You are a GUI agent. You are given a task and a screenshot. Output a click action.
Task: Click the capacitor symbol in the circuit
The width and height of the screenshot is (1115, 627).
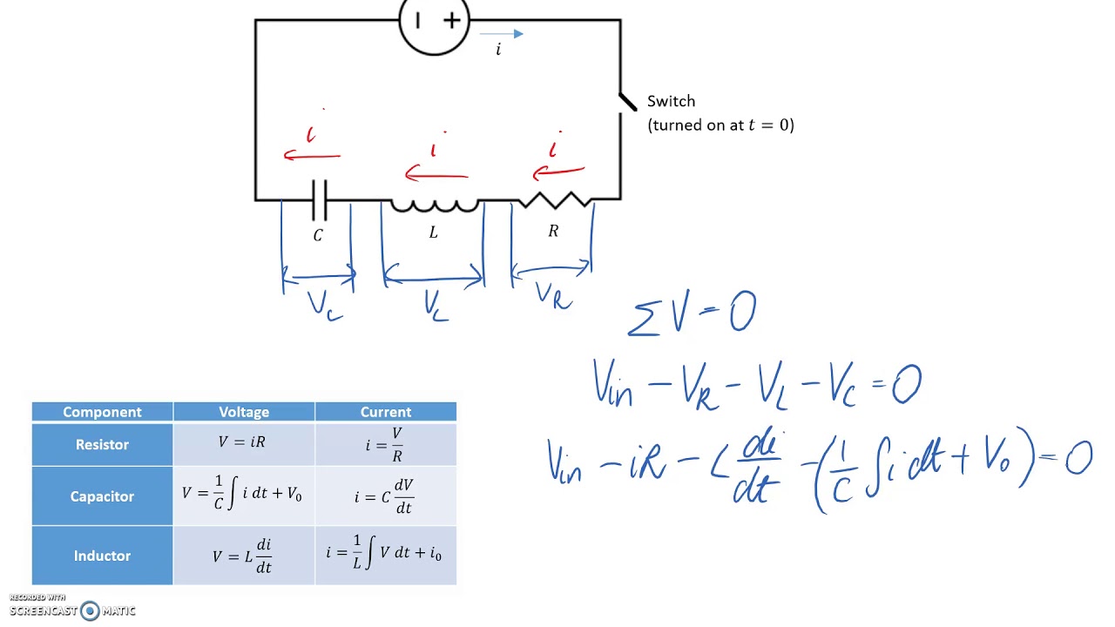[x=320, y=200]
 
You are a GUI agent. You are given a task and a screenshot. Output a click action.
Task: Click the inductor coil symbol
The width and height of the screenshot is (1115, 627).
[x=434, y=205]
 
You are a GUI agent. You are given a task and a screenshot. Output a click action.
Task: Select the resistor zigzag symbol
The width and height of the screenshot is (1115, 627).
[x=555, y=199]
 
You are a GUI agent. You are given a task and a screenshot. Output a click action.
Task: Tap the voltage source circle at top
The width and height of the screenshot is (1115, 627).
[x=434, y=23]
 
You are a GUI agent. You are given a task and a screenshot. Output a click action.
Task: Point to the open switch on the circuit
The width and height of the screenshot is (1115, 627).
[x=628, y=102]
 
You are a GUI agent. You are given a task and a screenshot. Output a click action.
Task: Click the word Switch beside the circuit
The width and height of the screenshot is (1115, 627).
[x=671, y=101]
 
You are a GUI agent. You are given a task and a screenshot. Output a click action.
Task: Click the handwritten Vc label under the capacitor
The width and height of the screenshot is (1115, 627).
[x=324, y=306]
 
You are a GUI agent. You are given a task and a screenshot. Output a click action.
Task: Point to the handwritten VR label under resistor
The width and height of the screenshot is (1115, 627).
[x=553, y=295]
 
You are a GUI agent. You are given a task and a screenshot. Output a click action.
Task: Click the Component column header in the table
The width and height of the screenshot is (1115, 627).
[x=102, y=412]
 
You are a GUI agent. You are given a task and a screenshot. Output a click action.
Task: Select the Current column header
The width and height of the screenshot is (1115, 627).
[x=385, y=412]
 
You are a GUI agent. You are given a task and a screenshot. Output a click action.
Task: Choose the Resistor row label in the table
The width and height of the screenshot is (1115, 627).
[x=102, y=444]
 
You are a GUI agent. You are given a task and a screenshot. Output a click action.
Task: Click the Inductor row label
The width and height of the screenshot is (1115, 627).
[x=102, y=556]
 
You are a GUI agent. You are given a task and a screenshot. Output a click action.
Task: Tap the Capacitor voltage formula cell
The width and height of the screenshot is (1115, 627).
[x=243, y=496]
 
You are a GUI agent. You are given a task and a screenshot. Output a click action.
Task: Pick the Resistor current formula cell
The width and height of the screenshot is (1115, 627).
[x=385, y=444]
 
